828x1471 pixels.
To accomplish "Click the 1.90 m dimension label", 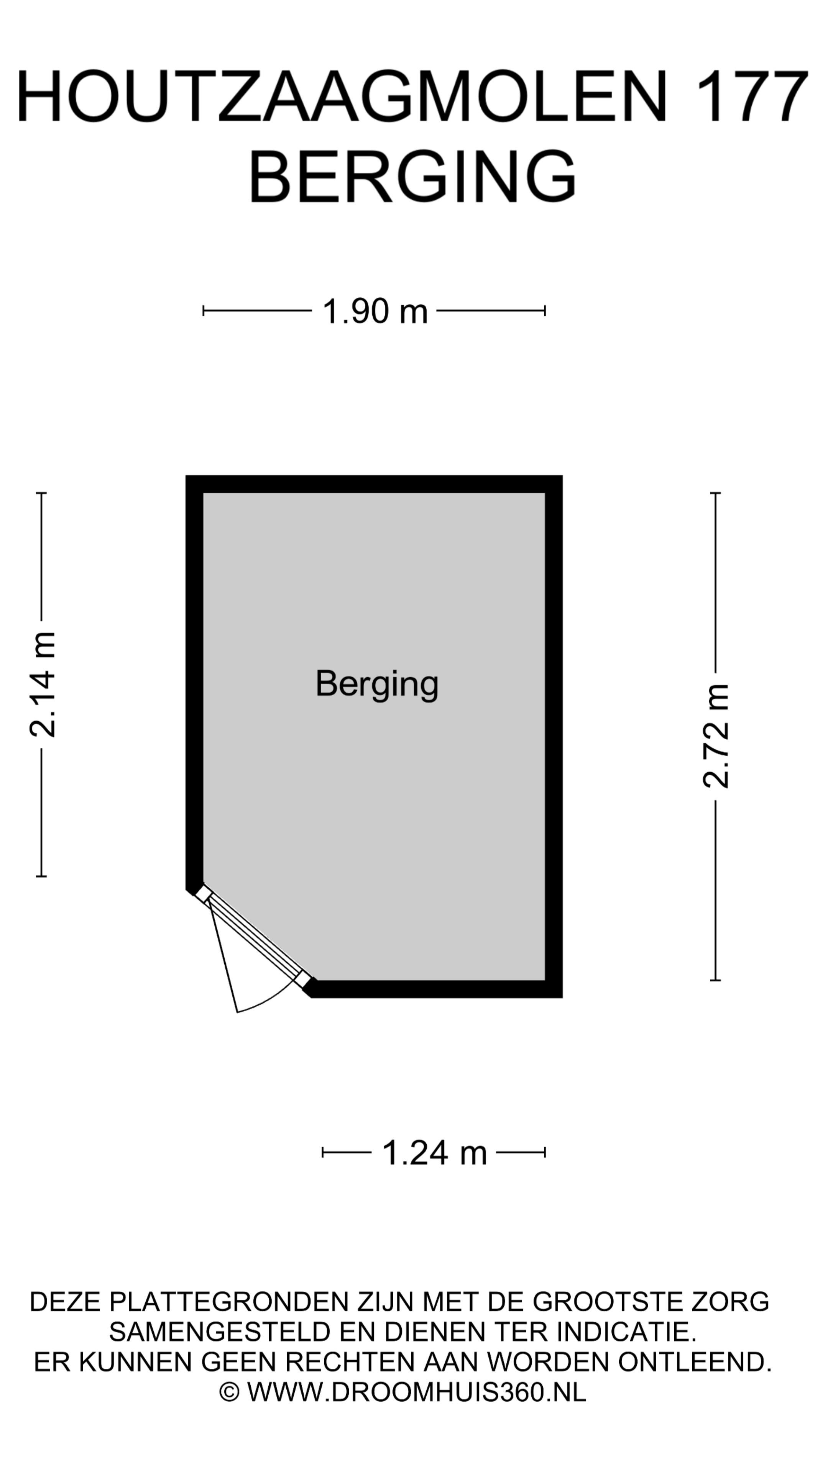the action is pyautogui.click(x=375, y=311).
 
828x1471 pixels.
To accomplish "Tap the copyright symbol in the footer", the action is pyautogui.click(x=229, y=1392).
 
